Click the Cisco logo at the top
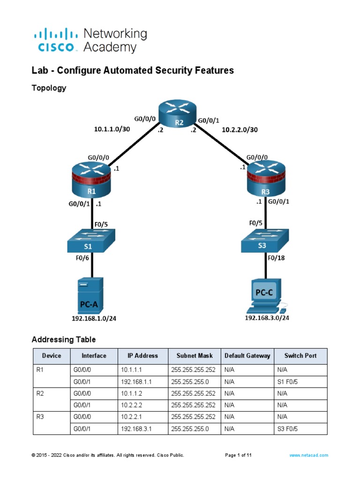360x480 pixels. pyautogui.click(x=54, y=40)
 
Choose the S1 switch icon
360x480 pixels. pyautogui.click(x=92, y=243)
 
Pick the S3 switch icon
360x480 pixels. pyautogui.click(x=265, y=243)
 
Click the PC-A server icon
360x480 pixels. pyautogui.click(x=89, y=295)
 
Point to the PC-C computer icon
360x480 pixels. pyautogui.click(x=265, y=295)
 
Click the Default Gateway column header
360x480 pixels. pyautogui.click(x=247, y=356)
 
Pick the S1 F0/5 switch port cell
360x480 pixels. pyautogui.click(x=287, y=382)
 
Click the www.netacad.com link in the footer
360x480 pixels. pyautogui.click(x=308, y=455)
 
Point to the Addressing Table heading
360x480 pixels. pyautogui.click(x=63, y=339)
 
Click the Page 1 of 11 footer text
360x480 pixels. pyautogui.click(x=239, y=455)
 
